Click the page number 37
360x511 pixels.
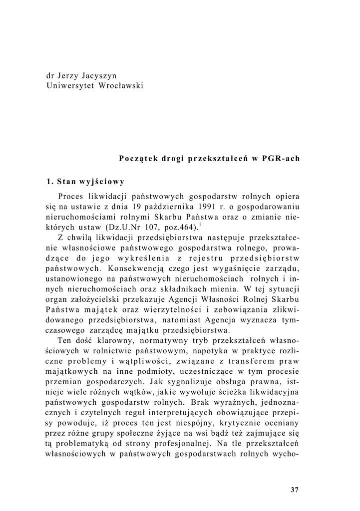coord(294,490)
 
